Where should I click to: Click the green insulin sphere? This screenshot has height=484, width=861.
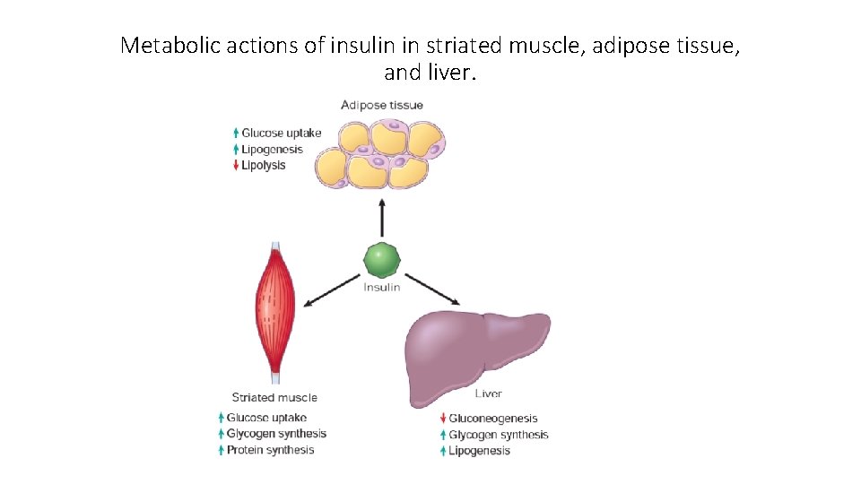coord(382,261)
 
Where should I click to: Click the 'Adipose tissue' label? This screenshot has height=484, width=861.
coord(382,105)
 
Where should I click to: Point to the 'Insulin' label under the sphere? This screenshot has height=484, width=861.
coord(382,288)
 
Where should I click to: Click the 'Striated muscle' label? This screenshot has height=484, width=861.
coord(274,397)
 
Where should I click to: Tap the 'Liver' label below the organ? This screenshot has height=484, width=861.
coord(488,393)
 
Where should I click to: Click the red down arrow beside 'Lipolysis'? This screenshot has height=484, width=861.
coord(236,166)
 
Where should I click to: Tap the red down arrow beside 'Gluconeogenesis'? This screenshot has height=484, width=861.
coord(443,419)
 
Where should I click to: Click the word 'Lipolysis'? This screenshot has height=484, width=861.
coord(264,166)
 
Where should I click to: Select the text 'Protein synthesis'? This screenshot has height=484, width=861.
coord(270,450)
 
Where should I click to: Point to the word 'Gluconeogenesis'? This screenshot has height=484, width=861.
coord(493,419)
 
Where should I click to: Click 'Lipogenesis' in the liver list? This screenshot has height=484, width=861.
coord(480,451)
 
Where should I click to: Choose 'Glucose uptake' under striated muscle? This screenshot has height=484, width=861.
coord(266,418)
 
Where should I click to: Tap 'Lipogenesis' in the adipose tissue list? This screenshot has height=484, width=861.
coord(273,150)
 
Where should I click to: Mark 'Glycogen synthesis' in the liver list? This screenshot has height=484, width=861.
coord(499,435)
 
